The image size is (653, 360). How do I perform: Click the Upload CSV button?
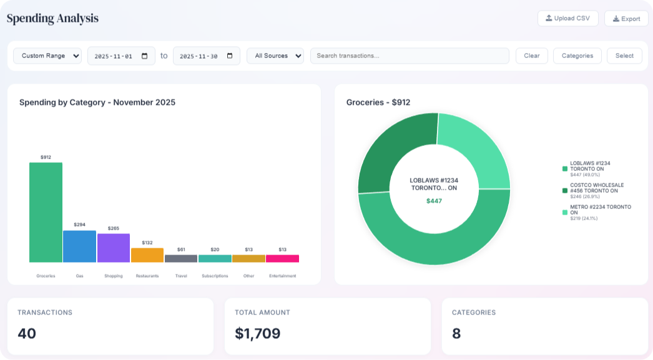pos(567,18)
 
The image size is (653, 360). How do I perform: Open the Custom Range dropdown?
pos(47,56)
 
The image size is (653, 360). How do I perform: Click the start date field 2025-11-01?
pos(121,56)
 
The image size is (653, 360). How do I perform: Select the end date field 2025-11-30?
pos(206,56)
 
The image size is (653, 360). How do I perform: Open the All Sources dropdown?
pos(275,56)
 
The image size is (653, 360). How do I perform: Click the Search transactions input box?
pos(410,56)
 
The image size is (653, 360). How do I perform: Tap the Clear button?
pos(531,56)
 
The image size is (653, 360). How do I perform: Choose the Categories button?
pos(577,56)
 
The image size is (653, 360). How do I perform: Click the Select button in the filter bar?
pos(624,56)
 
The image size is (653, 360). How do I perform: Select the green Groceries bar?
pos(46,212)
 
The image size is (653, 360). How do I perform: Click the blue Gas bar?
pos(79,246)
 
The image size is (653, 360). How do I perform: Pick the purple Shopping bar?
pos(114,248)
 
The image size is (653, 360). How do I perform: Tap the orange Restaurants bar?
pos(147,255)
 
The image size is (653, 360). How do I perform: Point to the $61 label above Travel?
pos(181,250)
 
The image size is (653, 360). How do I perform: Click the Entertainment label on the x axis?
pos(282,276)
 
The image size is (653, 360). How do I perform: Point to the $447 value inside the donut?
pos(434,201)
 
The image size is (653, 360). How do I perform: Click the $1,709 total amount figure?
pos(257,333)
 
